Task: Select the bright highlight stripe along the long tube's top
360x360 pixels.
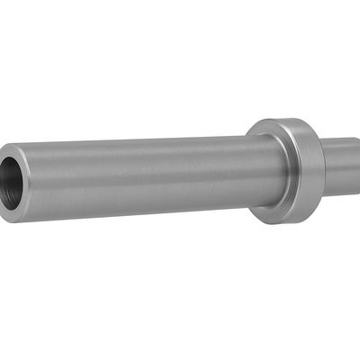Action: pos(135,147)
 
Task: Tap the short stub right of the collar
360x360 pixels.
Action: pos(340,166)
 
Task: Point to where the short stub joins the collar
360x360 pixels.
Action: pos(324,167)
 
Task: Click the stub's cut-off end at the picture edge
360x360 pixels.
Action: pos(357,166)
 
